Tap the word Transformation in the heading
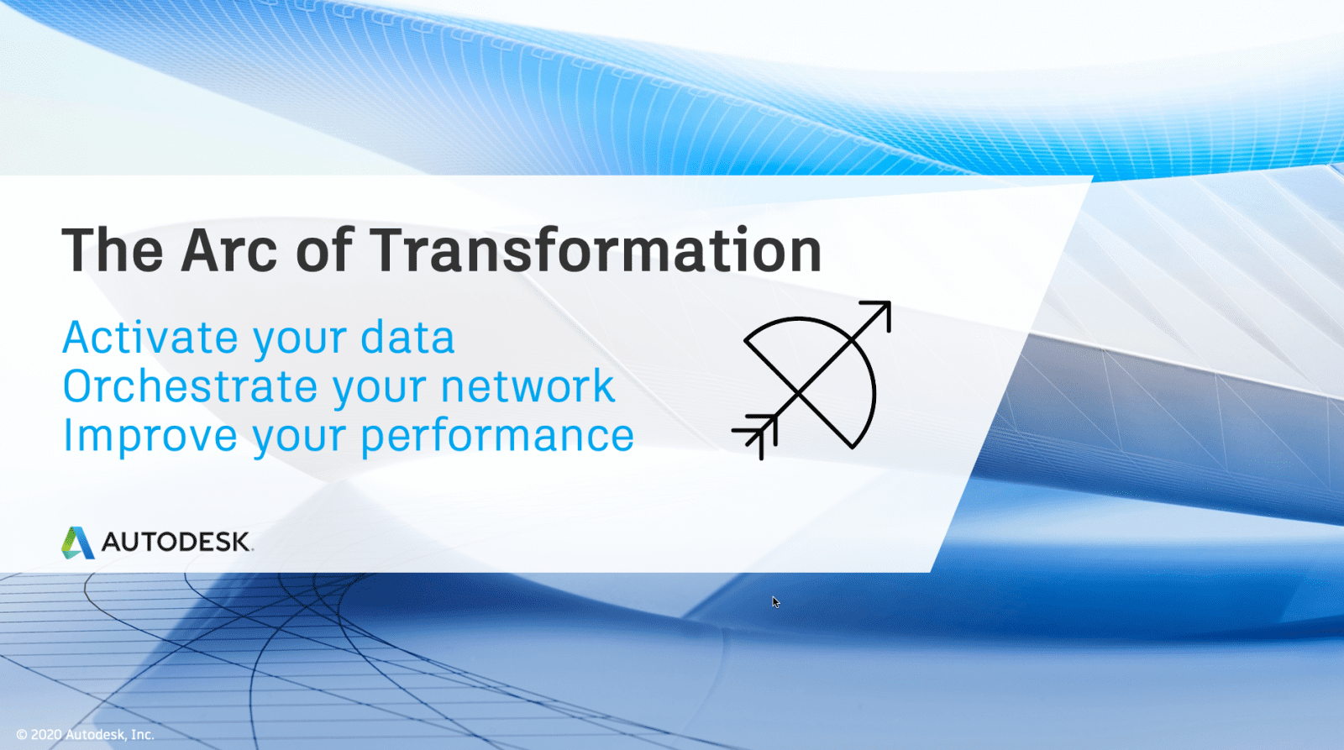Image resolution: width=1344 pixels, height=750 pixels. click(596, 250)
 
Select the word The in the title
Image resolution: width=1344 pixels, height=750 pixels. click(113, 250)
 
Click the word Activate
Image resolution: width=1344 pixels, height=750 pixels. click(150, 337)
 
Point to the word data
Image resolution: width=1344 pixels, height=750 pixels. click(407, 337)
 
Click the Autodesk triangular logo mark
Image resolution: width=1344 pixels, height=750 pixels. click(77, 543)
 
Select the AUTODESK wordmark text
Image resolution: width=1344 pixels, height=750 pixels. click(176, 542)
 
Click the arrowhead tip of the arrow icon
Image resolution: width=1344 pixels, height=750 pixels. click(890, 303)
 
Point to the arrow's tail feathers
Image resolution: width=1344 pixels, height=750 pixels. click(755, 436)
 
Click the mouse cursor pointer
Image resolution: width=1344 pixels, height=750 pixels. click(776, 602)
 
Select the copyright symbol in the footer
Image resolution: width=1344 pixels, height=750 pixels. click(22, 734)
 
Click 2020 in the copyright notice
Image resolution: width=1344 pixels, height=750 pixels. click(46, 734)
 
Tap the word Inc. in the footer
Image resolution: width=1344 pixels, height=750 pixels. click(142, 734)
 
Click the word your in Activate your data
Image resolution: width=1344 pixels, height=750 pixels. click(299, 341)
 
